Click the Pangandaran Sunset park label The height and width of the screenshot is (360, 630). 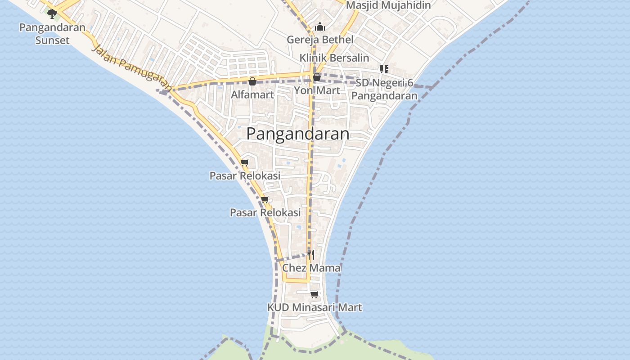[52, 34]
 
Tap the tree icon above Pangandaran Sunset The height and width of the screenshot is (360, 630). [52, 13]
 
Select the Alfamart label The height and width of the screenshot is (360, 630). [252, 94]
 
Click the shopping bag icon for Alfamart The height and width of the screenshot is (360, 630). [252, 81]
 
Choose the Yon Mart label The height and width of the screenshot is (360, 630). [317, 90]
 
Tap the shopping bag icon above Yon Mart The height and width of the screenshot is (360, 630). [317, 77]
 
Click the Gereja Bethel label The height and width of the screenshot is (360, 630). [320, 40]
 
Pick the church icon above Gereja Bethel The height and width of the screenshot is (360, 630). [320, 27]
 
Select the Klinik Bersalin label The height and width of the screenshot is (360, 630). [334, 58]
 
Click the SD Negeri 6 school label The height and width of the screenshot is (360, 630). [384, 89]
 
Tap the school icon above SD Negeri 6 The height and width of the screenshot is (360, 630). [384, 69]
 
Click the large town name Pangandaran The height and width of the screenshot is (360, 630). [298, 134]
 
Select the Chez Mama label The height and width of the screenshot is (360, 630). [311, 268]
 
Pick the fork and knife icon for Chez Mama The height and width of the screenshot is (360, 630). [310, 255]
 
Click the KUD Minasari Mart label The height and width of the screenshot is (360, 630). [315, 307]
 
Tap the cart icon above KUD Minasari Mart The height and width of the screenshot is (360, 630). [314, 294]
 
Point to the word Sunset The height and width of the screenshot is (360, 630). [52, 40]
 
